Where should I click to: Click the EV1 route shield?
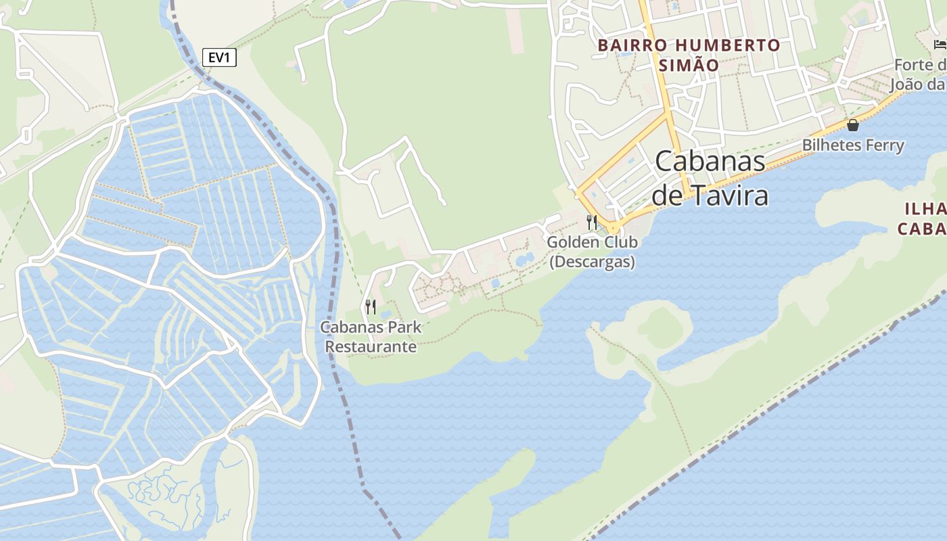219,57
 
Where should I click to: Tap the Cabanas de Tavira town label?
710,178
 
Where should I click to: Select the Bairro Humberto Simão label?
689,55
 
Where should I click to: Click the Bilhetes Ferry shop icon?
853,125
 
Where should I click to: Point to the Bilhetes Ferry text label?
853,145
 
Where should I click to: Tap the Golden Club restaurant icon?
592,222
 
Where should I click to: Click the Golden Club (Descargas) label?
592,252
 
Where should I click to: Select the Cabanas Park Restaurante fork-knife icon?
370,307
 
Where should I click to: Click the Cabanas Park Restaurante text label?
371,337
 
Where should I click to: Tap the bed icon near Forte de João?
940,45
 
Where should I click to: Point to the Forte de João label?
919,74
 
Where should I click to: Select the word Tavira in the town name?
729,195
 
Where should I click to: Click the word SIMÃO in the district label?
688,66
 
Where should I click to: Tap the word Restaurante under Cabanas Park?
371,347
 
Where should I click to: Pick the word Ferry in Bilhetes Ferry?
883,145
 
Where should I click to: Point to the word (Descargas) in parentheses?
592,262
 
